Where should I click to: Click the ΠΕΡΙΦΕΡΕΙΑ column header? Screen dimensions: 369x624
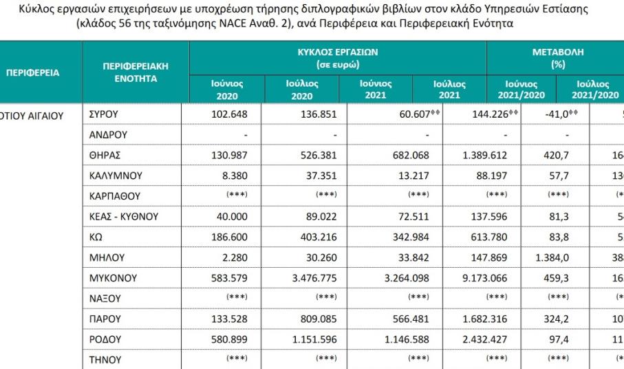pos(33,72)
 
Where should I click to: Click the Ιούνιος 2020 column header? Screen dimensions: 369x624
pos(226,89)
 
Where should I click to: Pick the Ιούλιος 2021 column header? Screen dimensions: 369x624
pos(449,89)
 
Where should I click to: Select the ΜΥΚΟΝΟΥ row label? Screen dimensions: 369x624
pos(114,278)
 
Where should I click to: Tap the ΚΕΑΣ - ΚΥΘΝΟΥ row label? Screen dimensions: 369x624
pos(124,217)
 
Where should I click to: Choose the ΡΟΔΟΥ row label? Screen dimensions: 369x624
pos(105,339)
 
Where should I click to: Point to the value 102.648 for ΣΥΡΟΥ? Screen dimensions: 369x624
pos(228,114)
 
